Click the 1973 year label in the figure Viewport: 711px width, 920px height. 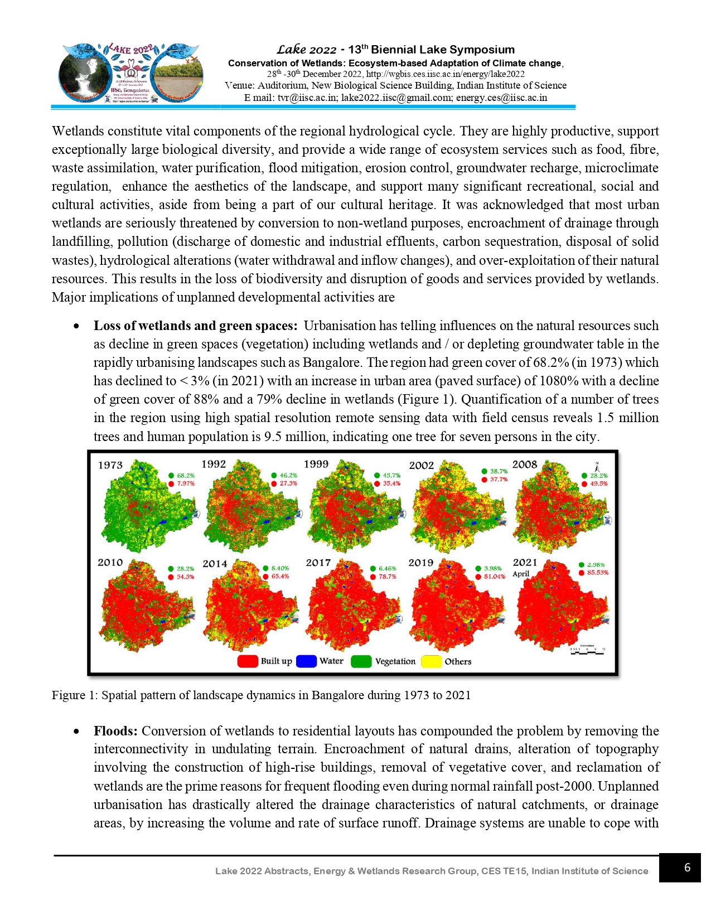pos(110,465)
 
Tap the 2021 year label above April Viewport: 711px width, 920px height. pos(525,563)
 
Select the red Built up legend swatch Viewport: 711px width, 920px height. pos(247,661)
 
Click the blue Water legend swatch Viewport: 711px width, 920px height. pos(306,661)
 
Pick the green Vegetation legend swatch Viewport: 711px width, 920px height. pos(361,661)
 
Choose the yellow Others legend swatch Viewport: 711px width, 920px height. pos(431,662)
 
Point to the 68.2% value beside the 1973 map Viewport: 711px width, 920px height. pos(186,476)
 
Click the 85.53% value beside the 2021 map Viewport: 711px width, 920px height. pos(597,573)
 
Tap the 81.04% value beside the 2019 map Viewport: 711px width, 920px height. pos(494,577)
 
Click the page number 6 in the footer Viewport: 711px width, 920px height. pos(687,868)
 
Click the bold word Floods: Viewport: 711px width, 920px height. pos(115,731)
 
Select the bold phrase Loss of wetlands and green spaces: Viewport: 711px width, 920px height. pos(195,326)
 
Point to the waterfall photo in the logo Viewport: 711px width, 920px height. pos(84,72)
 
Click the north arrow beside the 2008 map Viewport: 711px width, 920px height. pos(597,467)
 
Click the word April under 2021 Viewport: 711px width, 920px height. pos(521,574)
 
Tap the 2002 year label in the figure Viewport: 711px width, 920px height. pos(421,466)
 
